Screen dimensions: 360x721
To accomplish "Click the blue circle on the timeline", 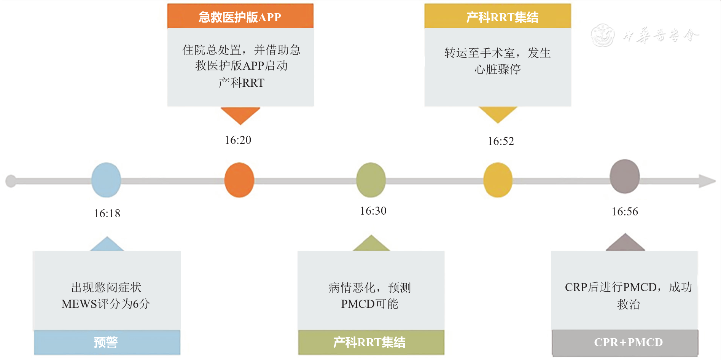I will tap(106, 180).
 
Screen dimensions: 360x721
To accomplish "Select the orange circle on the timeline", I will tap(239, 180).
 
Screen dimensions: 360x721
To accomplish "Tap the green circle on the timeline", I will tap(371, 180).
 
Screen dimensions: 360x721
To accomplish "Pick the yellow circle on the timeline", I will tap(498, 180).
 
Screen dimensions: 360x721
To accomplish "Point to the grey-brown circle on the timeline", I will tap(624, 177).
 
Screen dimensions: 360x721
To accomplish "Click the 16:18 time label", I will tap(107, 213).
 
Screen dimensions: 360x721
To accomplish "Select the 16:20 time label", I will tap(238, 140).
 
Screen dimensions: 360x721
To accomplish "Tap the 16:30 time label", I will tap(373, 211).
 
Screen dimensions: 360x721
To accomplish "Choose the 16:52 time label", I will tap(501, 141).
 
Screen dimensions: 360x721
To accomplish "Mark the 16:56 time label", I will tap(625, 212).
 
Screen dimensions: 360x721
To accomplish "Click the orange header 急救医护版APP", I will tap(240, 17).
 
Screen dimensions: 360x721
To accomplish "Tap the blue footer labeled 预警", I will tap(107, 342).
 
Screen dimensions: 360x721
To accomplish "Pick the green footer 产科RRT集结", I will tap(370, 342).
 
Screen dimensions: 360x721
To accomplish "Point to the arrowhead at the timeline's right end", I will tap(708, 181).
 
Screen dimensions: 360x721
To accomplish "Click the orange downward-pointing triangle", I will tap(240, 115).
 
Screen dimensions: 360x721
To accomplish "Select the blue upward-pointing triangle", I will tap(107, 245).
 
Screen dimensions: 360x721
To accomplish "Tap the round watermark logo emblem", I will tap(603, 35).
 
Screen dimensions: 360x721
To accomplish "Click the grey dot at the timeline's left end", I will tap(11, 181).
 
